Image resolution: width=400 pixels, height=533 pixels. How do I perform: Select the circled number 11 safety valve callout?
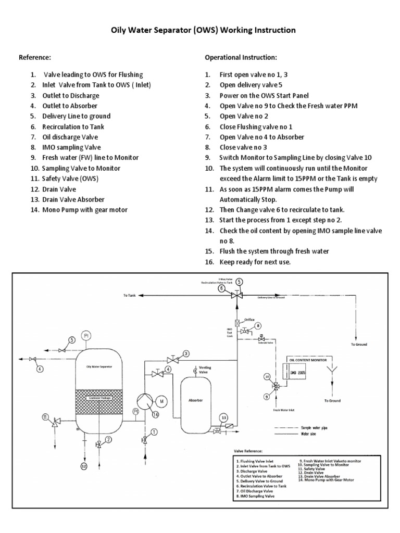(45, 417)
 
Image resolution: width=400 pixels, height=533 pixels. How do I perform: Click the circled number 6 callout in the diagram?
(221, 288)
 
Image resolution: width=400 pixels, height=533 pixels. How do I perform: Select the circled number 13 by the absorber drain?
(223, 417)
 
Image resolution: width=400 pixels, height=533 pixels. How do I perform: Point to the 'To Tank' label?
(129, 295)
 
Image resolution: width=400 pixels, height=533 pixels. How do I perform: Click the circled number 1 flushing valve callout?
(154, 432)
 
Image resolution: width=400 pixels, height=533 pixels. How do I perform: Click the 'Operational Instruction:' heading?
(241, 57)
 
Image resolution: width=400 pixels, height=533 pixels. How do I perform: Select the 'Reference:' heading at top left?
(35, 57)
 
